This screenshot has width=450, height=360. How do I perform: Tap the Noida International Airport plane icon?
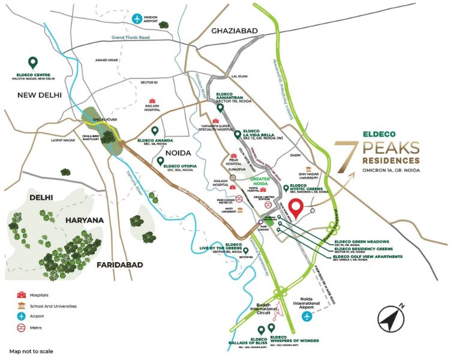click(307, 316)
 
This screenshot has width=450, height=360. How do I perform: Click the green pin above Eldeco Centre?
click(33, 62)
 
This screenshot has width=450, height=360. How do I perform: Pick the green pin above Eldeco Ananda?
click(155, 131)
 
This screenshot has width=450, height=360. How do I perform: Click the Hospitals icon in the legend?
click(23, 295)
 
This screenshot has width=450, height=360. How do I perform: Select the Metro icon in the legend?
click(23, 328)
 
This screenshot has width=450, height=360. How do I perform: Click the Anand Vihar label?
click(107, 59)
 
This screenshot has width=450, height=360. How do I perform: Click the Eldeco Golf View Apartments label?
click(366, 255)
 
